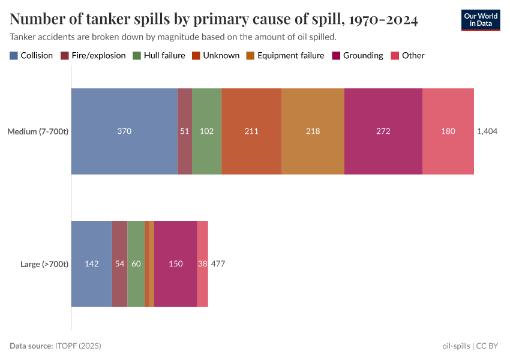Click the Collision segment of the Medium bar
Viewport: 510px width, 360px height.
[x=124, y=131]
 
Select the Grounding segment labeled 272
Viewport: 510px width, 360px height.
[x=383, y=131]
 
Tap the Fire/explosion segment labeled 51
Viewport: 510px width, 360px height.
[x=185, y=131]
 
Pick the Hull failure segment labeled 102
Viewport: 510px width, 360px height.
[x=206, y=131]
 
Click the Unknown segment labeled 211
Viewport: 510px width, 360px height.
[x=251, y=131]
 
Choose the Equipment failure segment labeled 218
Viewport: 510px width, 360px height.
[x=313, y=131]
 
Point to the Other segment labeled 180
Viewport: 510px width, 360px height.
[x=448, y=131]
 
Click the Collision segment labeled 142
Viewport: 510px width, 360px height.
[x=92, y=263]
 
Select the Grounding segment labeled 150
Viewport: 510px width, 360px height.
[x=175, y=263]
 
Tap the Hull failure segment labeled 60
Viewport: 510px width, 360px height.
[x=136, y=263]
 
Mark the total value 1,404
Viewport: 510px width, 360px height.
[x=487, y=131]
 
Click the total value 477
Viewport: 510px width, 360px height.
[x=218, y=263]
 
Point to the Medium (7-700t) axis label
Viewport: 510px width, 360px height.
[x=38, y=131]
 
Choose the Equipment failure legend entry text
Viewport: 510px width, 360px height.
[x=290, y=56]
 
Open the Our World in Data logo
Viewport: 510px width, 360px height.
[x=480, y=20]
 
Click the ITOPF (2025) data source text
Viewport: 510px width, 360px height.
[x=78, y=346]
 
